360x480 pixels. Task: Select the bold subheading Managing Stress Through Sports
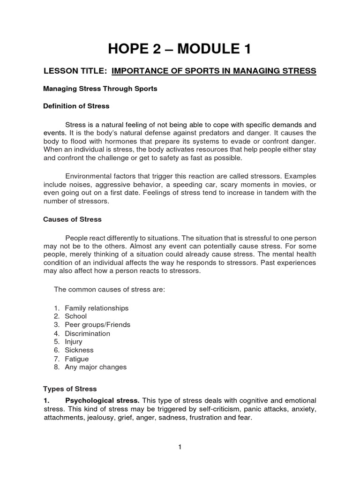click(x=100, y=89)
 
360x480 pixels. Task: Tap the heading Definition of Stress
click(x=76, y=106)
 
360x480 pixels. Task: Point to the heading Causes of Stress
click(x=72, y=219)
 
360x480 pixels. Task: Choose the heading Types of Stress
click(x=70, y=389)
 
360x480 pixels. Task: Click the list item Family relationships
click(x=97, y=308)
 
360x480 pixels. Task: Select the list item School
click(x=75, y=316)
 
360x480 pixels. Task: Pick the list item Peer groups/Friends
click(x=97, y=325)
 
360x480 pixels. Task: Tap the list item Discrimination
click(x=87, y=333)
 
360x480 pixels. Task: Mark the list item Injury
click(x=74, y=342)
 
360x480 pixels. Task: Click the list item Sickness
click(x=79, y=350)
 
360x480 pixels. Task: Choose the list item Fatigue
click(x=77, y=359)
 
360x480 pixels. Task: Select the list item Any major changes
click(x=96, y=367)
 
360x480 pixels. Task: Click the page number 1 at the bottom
click(x=180, y=447)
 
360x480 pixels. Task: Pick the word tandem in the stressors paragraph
click(x=271, y=193)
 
